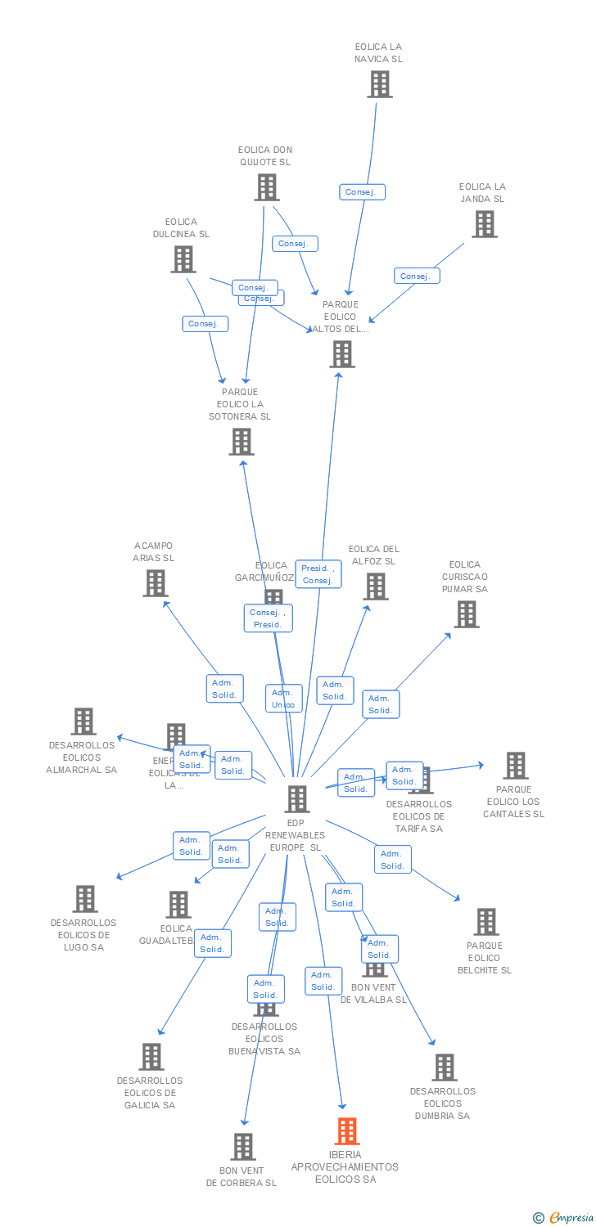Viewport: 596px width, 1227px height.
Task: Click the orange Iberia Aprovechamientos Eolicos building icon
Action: pos(347,1131)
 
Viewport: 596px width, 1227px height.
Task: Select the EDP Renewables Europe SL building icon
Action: pos(296,798)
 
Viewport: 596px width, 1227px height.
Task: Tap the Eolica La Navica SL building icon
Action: pos(379,84)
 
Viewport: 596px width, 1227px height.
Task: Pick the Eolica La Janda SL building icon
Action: pos(484,224)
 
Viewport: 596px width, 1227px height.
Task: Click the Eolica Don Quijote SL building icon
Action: pos(266,187)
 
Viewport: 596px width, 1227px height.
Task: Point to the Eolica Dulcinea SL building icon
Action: pos(183,259)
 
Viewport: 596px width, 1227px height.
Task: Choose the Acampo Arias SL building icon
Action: pos(155,583)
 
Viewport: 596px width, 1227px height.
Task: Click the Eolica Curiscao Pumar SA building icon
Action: pos(466,614)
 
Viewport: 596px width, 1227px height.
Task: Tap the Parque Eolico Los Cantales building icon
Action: pos(515,766)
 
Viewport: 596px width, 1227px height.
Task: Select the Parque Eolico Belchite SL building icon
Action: pos(485,922)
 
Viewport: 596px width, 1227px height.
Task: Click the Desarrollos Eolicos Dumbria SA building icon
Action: pos(444,1067)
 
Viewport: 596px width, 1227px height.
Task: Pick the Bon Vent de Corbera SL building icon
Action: pos(242,1147)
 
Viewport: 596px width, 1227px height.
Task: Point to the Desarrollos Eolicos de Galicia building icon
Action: pos(151,1057)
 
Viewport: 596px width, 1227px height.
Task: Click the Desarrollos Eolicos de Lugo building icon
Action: pos(84,899)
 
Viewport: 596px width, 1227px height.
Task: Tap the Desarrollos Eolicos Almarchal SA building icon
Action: pos(83,721)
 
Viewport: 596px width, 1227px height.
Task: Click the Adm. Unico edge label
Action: pos(283,699)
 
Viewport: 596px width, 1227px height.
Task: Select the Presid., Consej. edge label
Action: pos(318,574)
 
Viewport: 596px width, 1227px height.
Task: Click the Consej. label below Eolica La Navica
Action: pos(361,192)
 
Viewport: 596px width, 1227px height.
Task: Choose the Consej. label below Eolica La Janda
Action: pos(416,276)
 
